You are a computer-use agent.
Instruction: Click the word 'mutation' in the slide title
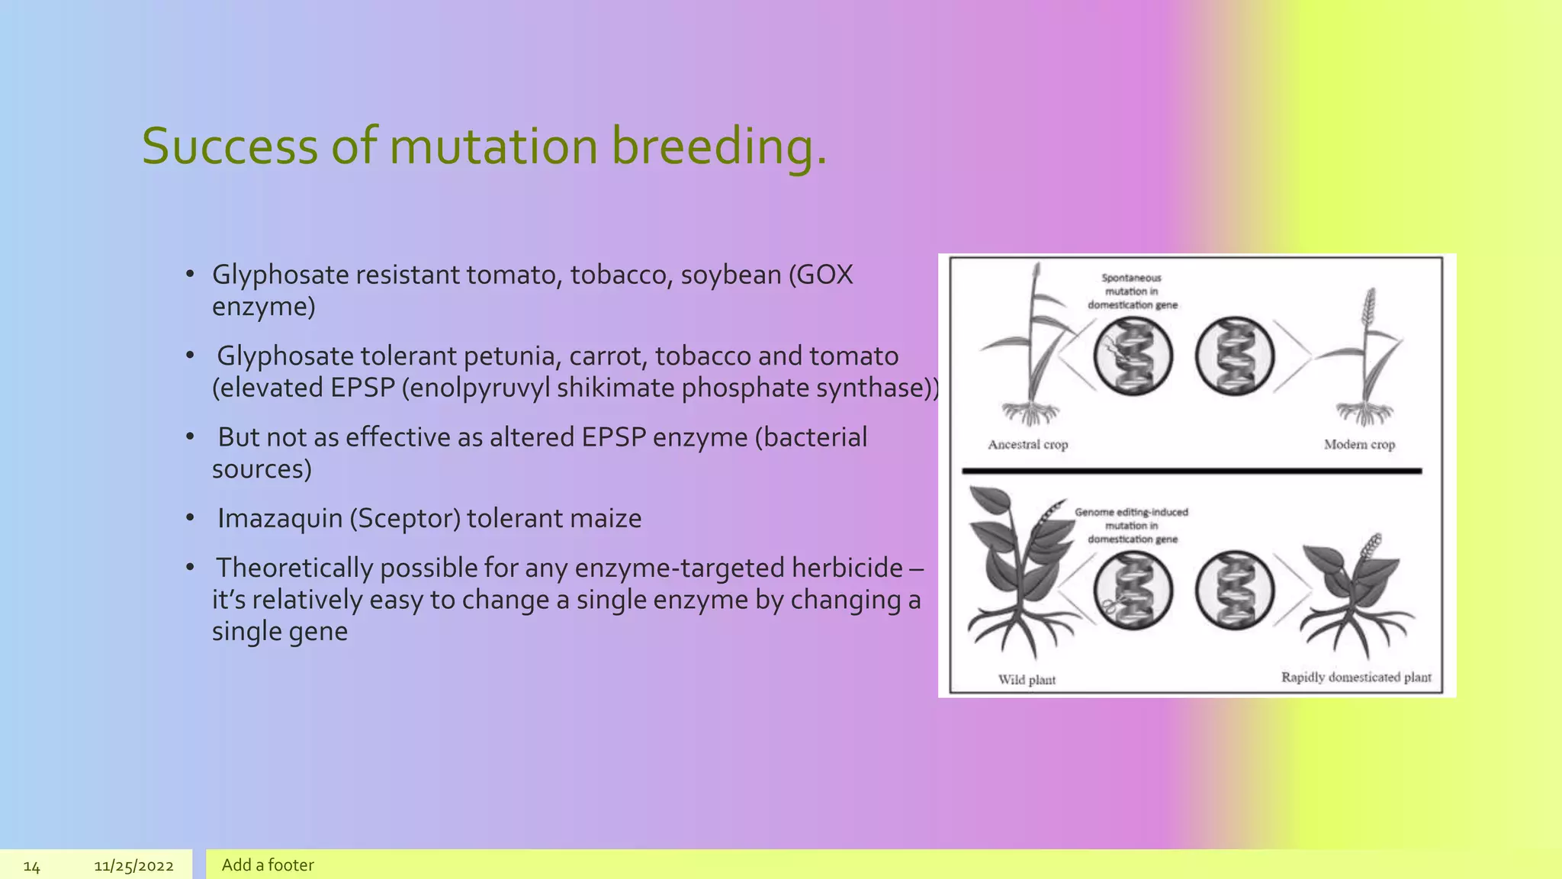493,146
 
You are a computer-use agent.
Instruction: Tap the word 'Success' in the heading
229,146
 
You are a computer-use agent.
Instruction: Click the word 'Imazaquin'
280,519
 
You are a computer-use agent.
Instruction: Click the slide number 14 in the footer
31,866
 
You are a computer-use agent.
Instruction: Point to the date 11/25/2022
133,866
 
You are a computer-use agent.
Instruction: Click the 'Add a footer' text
268,865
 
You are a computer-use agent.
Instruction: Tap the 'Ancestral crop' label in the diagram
1027,445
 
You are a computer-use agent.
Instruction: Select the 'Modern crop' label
1359,445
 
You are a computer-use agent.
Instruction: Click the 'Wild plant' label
1027,680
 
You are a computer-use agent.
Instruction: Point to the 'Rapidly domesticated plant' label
1356,678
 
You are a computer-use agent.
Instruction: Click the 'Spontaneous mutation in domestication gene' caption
1132,291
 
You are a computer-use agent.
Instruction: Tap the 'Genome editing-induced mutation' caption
1132,526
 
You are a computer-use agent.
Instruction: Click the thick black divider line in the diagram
1191,472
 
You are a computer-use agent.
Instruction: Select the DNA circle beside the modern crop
1234,356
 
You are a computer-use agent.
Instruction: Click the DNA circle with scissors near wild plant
1133,591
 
